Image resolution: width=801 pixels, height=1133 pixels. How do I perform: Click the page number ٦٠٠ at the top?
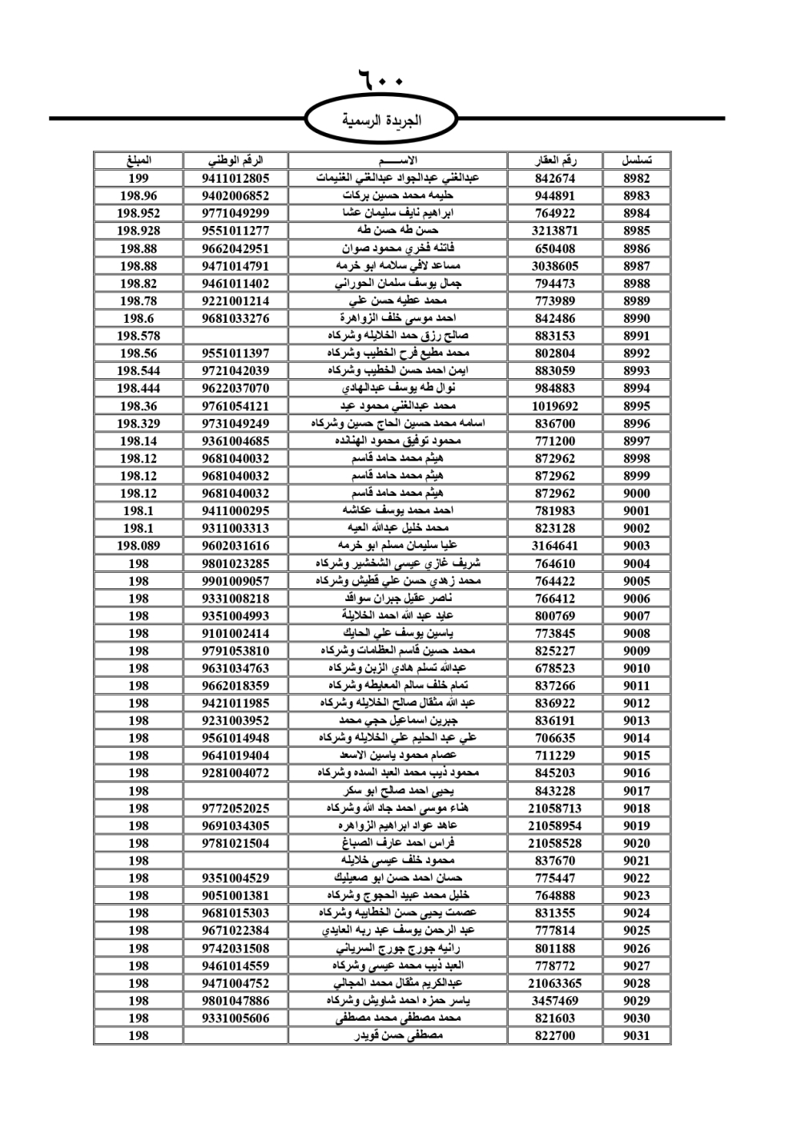click(x=380, y=81)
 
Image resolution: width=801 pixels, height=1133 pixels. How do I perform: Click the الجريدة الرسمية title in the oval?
click(x=382, y=121)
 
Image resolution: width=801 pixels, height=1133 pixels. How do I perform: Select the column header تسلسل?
click(x=637, y=160)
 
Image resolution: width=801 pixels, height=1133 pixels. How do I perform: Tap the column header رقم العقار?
click(x=555, y=160)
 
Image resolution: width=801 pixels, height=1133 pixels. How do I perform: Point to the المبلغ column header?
click(x=138, y=160)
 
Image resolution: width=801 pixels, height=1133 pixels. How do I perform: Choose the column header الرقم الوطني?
click(x=235, y=160)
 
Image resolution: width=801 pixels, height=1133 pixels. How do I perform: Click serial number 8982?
click(x=637, y=179)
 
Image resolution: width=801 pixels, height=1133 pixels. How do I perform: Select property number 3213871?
click(x=555, y=231)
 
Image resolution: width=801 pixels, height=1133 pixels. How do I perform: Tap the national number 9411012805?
click(x=235, y=179)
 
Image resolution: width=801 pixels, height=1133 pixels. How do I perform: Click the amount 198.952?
click(x=138, y=213)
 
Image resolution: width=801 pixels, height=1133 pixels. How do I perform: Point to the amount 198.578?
click(x=138, y=336)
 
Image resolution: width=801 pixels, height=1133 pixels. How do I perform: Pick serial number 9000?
click(x=637, y=494)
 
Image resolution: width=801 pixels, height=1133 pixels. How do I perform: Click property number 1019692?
click(x=555, y=406)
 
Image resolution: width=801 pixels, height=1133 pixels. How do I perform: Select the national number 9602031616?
click(x=235, y=546)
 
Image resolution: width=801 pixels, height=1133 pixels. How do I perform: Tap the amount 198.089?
click(x=138, y=546)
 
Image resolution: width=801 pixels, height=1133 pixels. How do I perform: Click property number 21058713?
click(x=555, y=808)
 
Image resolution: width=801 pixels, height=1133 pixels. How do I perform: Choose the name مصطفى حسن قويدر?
click(x=398, y=1036)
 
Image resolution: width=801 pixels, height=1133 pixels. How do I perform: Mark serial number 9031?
click(x=637, y=1036)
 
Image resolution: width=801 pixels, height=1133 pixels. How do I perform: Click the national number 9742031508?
click(x=235, y=949)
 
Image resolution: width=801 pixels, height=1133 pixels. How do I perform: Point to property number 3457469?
click(x=555, y=1001)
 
